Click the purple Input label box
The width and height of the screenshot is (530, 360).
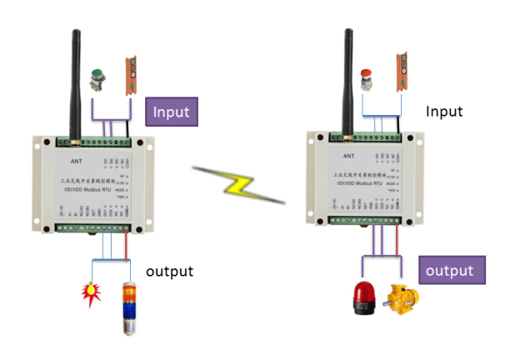click(x=172, y=112)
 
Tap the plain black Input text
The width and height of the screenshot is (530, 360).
click(x=444, y=111)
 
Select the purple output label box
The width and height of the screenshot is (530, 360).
click(x=449, y=271)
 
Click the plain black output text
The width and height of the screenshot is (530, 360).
click(x=169, y=271)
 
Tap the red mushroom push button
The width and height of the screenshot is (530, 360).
click(x=367, y=80)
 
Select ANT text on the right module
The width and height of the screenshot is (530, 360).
click(x=349, y=155)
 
